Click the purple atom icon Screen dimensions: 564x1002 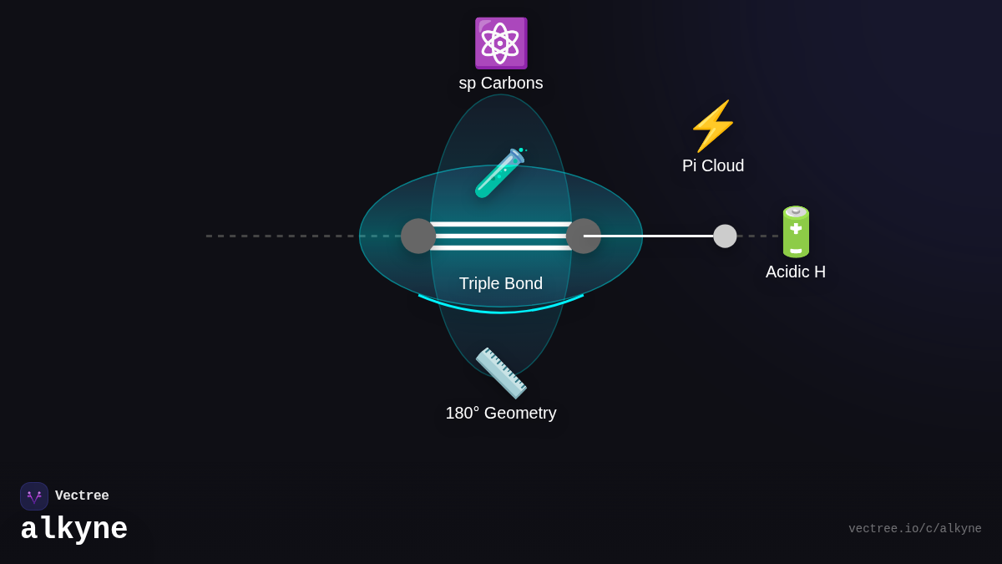point(500,43)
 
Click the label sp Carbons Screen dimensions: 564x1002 point(501,84)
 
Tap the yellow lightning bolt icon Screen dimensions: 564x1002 point(712,126)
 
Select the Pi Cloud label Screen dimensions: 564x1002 point(713,166)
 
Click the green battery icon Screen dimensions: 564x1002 point(796,231)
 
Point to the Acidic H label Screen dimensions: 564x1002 point(796,272)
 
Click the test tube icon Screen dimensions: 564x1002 point(499,173)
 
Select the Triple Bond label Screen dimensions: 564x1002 point(501,284)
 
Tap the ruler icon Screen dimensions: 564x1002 point(501,373)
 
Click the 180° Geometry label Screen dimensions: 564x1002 point(501,414)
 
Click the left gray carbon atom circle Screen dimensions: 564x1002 point(418,236)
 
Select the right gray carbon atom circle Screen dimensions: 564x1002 point(584,236)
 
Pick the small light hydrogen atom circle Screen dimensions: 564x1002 point(725,236)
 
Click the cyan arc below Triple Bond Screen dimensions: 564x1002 point(501,312)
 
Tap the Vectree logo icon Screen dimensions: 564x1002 point(34,496)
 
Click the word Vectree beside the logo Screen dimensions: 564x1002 point(82,496)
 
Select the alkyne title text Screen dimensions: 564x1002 point(74,530)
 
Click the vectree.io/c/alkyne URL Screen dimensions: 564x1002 point(915,529)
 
